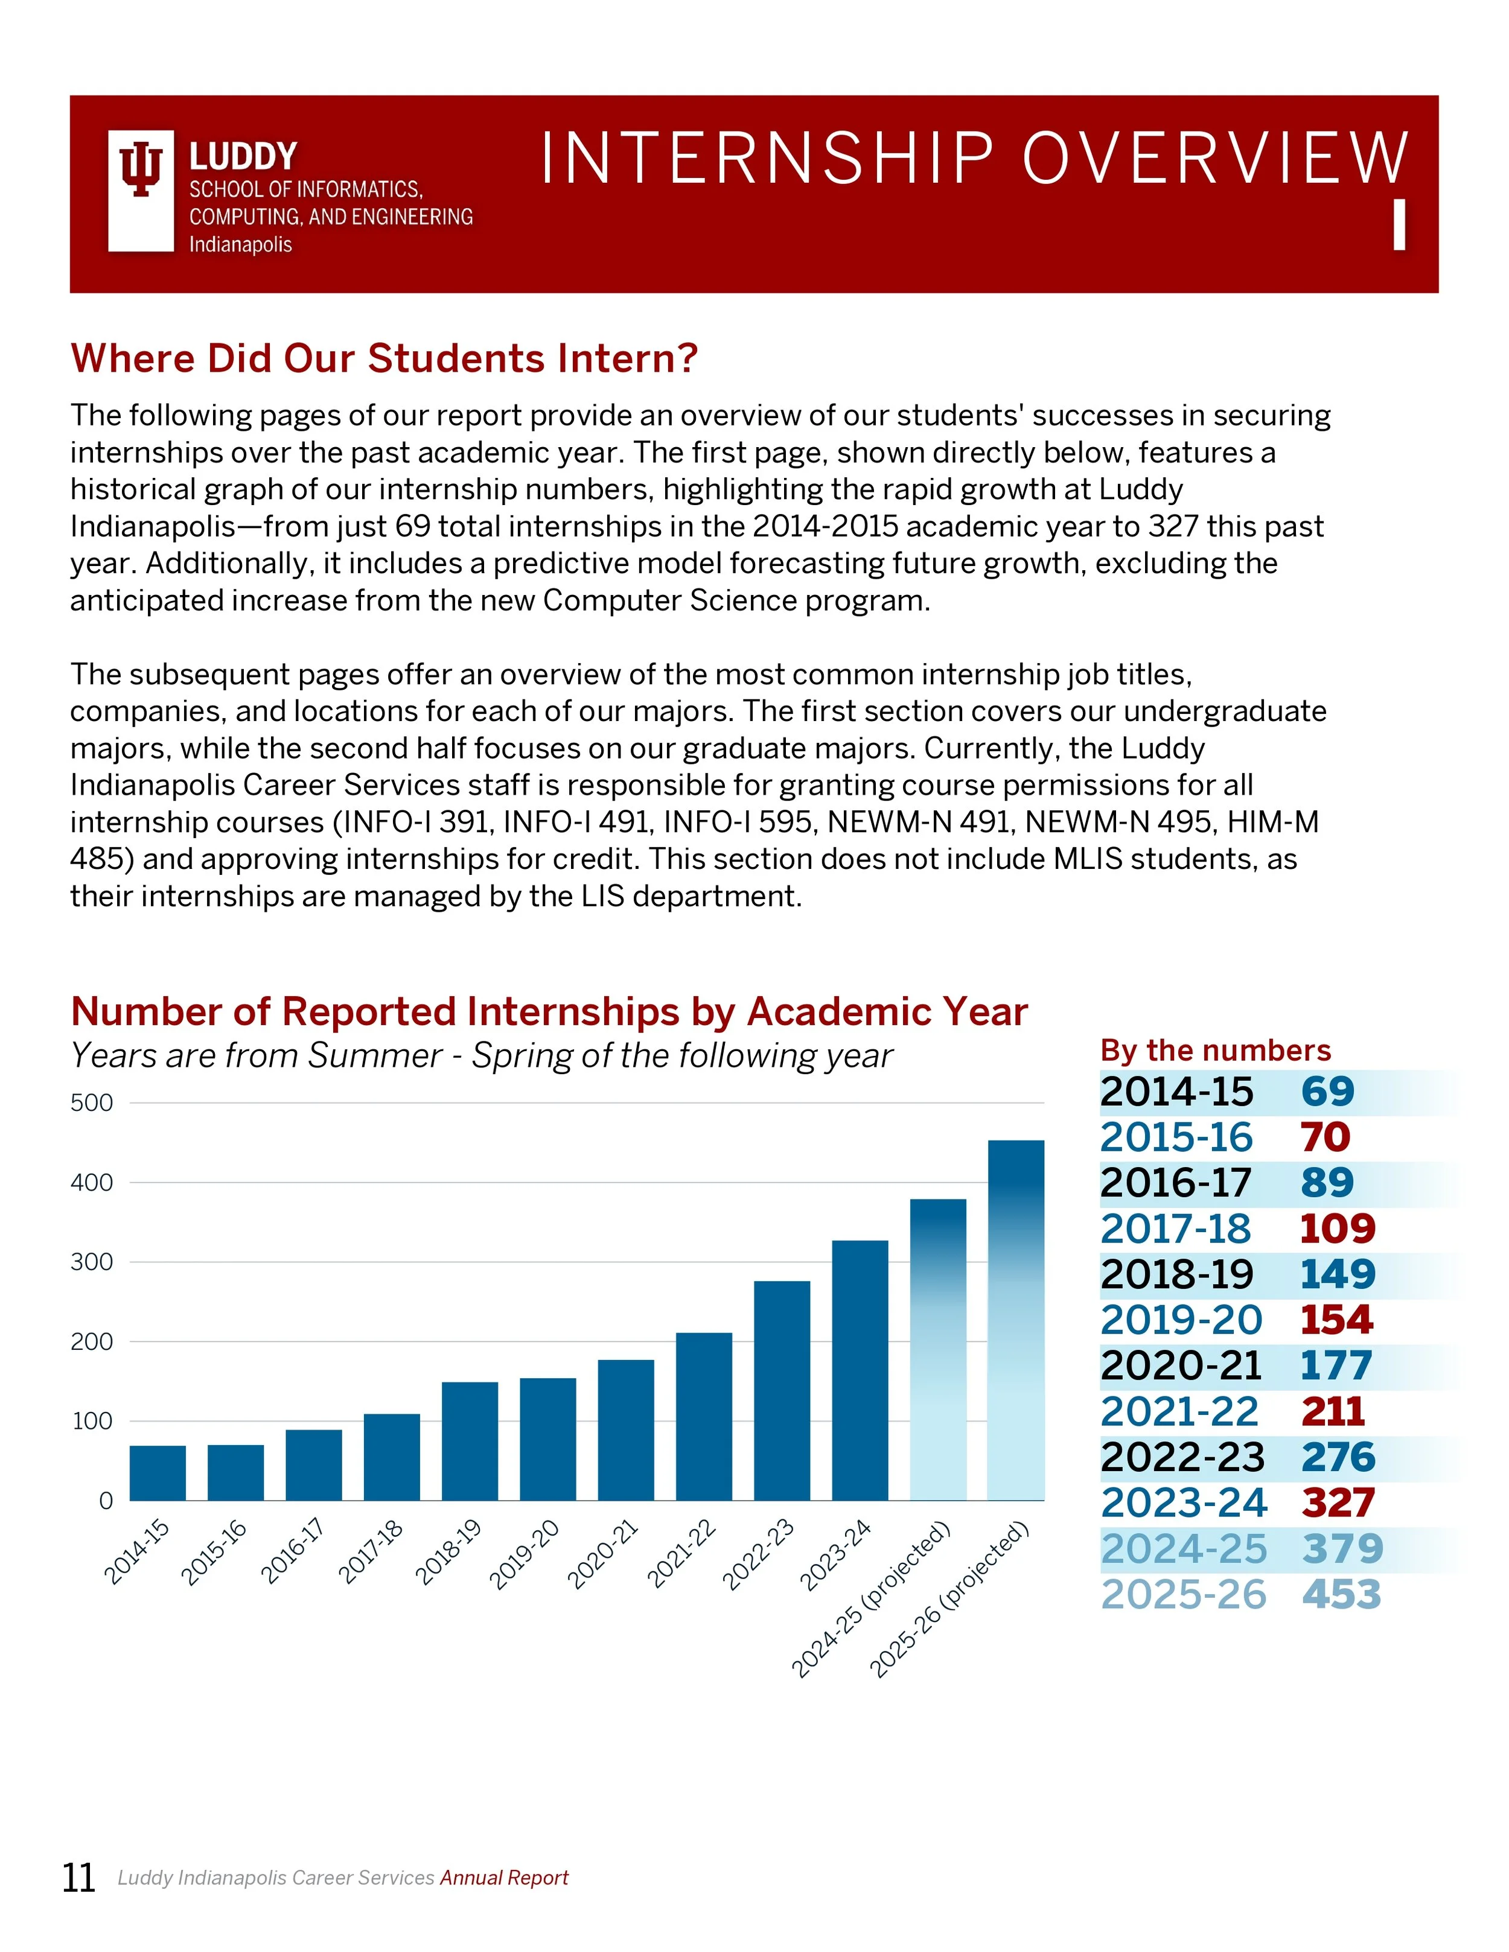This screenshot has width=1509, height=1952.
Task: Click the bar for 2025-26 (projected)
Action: click(1015, 1323)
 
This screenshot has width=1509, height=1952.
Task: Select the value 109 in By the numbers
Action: click(1336, 1229)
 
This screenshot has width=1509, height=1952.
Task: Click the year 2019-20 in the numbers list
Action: click(1180, 1320)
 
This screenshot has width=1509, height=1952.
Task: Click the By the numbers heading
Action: click(1215, 1050)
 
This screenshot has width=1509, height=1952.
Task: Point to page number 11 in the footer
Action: click(78, 1878)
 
